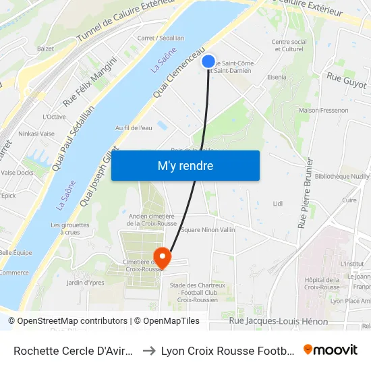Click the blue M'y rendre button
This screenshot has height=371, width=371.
185,165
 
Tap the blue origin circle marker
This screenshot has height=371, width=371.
208,61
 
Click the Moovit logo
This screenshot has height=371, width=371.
330,350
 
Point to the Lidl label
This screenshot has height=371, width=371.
277,203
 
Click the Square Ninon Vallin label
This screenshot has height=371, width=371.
208,230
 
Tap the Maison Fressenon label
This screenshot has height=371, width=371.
323,110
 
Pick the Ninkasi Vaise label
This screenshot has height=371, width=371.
37,134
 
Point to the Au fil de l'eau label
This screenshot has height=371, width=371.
133,127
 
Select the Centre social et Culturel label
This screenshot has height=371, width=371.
289,45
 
